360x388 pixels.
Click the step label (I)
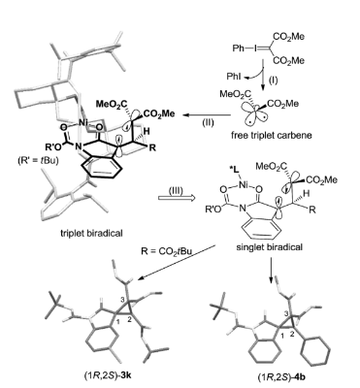(274, 80)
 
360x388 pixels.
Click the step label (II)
(209, 123)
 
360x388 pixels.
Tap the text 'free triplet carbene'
(272, 135)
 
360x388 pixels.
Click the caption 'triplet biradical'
(91, 233)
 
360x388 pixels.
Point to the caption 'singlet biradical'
(270, 247)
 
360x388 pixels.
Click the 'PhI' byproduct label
(234, 77)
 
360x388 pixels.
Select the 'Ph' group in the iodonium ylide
(238, 48)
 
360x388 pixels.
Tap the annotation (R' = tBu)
(38, 160)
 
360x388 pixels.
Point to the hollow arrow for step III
(177, 197)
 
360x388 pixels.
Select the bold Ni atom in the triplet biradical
(83, 123)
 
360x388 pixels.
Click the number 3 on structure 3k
(122, 300)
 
